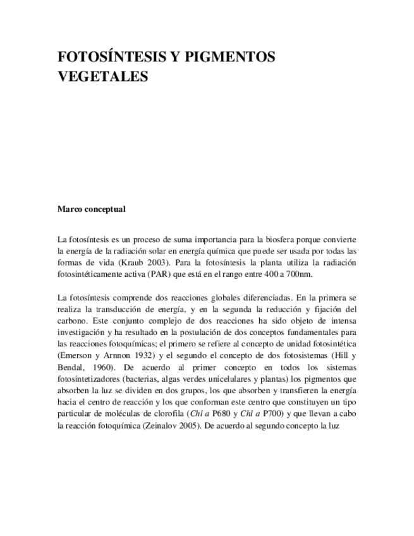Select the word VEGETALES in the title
tap(102, 76)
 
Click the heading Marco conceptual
tap(91, 209)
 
